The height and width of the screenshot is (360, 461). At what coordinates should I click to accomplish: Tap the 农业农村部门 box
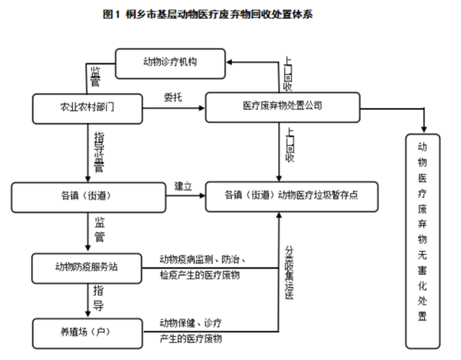click(x=88, y=107)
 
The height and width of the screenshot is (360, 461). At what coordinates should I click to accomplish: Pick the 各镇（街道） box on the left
click(x=88, y=196)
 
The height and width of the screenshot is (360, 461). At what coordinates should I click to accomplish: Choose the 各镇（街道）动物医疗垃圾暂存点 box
click(x=292, y=196)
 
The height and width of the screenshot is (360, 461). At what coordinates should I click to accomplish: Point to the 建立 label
click(x=182, y=186)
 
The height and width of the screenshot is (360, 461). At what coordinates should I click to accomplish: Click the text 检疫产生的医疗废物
click(x=200, y=276)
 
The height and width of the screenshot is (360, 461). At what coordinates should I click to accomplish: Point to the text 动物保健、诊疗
click(x=190, y=322)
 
